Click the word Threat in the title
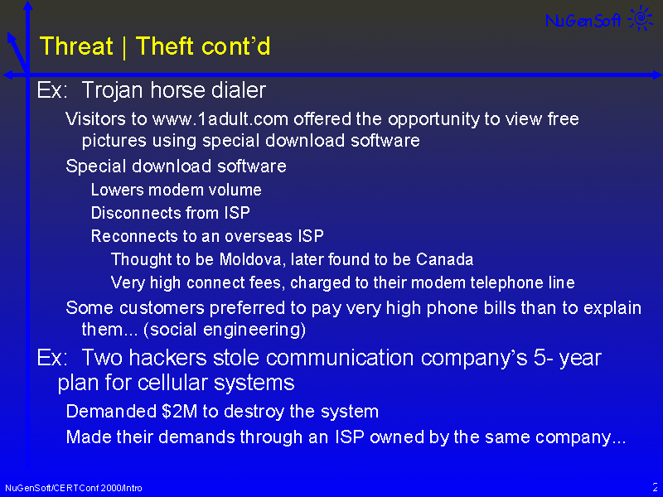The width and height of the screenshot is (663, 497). click(76, 46)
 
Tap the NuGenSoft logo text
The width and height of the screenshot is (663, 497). click(583, 20)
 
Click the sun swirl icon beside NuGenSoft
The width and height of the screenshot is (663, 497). click(641, 17)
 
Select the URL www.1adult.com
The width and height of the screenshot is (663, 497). click(220, 119)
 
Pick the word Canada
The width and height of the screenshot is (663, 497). click(444, 259)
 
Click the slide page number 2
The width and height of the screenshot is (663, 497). click(656, 487)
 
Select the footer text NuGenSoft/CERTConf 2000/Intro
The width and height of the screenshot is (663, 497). click(74, 488)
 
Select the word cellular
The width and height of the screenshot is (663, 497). click(173, 383)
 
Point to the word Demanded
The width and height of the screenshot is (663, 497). click(111, 411)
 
